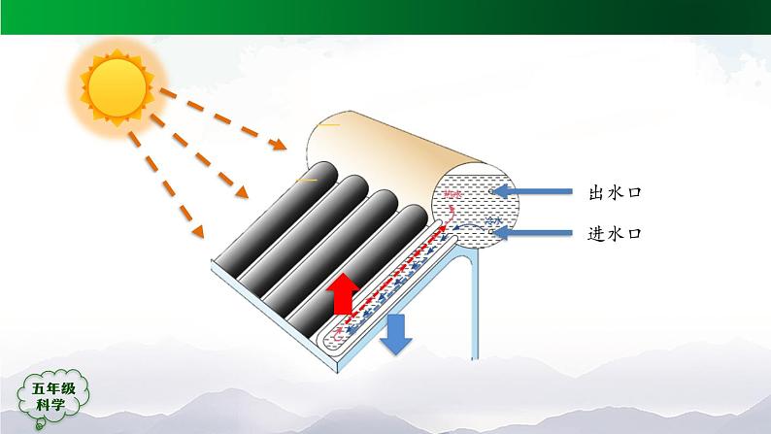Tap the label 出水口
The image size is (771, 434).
pyautogui.click(x=616, y=193)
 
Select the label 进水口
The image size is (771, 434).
pyautogui.click(x=616, y=234)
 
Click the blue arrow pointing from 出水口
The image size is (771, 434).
pyautogui.click(x=533, y=192)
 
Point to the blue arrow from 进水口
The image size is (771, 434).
pyautogui.click(x=533, y=232)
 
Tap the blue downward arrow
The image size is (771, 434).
pyautogui.click(x=395, y=334)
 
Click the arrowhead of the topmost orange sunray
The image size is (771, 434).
pyautogui.click(x=280, y=148)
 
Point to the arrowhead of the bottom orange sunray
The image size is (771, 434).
pyautogui.click(x=199, y=233)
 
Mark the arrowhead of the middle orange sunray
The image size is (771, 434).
pyautogui.click(x=243, y=197)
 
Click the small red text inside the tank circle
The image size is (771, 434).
pyautogui.click(x=452, y=198)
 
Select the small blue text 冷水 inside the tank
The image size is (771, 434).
pyautogui.click(x=495, y=222)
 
